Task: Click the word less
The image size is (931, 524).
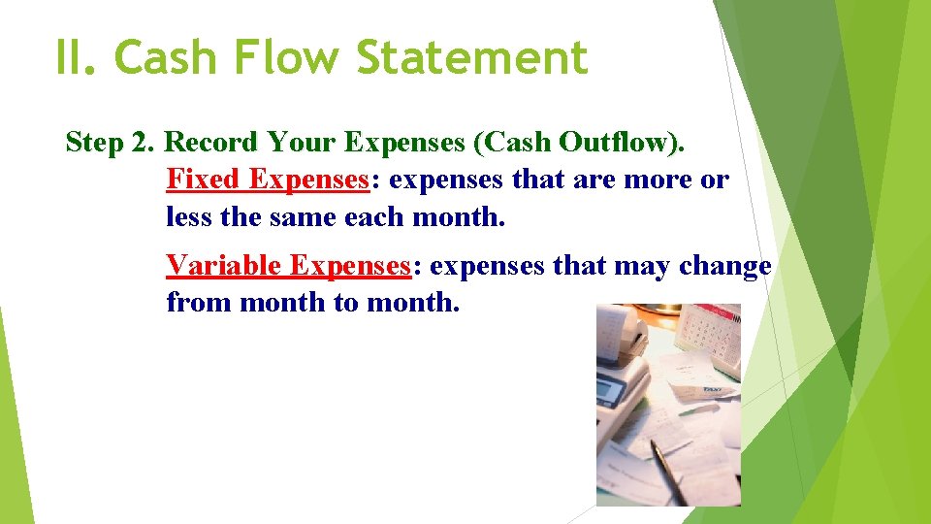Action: [189, 216]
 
